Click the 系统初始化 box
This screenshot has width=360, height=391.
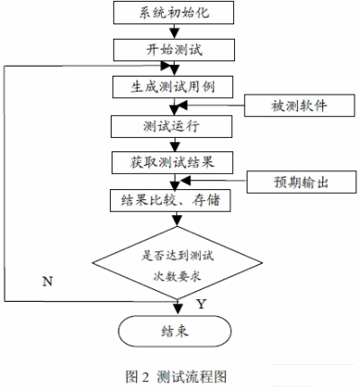click(174, 13)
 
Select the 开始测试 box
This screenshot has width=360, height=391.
click(174, 50)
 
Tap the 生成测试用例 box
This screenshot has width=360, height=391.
click(173, 87)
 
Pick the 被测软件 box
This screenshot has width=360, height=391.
click(300, 105)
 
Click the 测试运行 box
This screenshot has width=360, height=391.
click(172, 127)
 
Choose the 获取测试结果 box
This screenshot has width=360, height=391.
click(173, 162)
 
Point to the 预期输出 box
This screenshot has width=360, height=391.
click(301, 182)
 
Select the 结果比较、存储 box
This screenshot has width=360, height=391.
click(170, 200)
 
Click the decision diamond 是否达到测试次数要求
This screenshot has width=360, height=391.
click(177, 263)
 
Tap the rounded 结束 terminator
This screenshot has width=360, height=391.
click(175, 332)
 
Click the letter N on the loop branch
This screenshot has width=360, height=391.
click(48, 281)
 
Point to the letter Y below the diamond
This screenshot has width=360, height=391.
click(202, 305)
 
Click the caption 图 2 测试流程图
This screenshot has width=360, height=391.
click(176, 377)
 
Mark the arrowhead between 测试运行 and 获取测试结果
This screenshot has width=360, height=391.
click(175, 146)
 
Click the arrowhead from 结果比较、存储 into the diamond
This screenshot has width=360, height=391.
click(177, 221)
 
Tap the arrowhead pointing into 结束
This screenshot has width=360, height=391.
click(178, 309)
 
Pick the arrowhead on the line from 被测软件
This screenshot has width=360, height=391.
click(182, 105)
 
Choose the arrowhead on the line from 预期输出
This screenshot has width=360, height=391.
click(185, 180)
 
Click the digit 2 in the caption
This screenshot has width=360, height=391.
click(145, 377)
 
